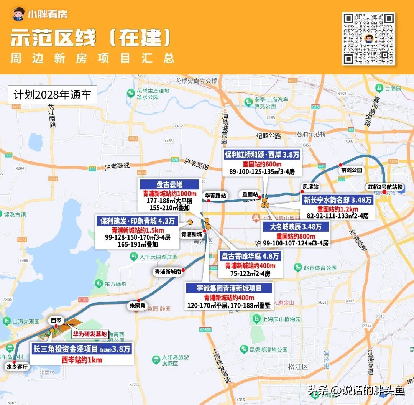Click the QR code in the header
(368, 38)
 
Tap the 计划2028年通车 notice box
(53, 95)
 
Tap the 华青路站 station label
(215, 195)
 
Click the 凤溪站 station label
(310, 187)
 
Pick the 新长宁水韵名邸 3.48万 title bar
(338, 200)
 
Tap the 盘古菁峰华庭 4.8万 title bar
(250, 256)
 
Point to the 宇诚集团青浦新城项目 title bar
(229, 288)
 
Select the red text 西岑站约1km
(82, 360)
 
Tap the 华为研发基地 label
(90, 334)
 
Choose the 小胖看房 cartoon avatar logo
(18, 14)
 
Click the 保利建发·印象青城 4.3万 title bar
(137, 221)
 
